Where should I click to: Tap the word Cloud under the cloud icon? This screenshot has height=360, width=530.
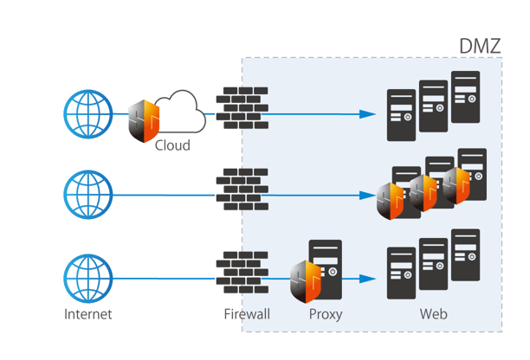[172, 145]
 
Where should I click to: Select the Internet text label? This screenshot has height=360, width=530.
[87, 313]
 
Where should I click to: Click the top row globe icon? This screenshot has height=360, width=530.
[88, 113]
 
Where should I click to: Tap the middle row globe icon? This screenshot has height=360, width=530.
[88, 195]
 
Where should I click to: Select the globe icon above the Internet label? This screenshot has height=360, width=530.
[88, 277]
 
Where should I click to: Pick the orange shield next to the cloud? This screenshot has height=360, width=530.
[144, 122]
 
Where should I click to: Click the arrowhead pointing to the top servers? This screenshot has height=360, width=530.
[369, 114]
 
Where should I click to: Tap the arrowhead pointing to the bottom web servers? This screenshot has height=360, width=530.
[369, 279]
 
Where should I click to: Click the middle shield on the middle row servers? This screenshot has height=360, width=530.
[423, 194]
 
